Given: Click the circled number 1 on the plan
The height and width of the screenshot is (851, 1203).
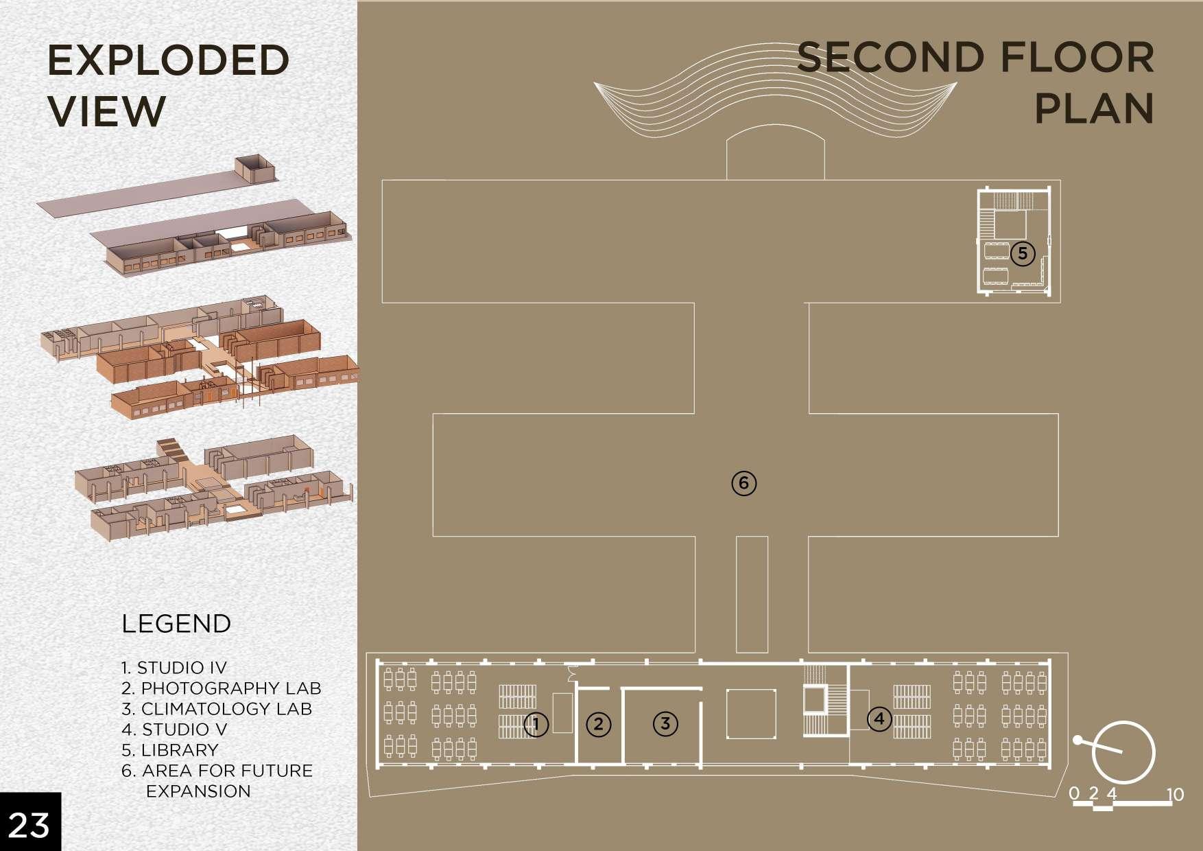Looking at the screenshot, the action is tap(536, 724).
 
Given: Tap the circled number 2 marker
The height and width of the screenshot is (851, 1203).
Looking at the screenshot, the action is tap(599, 724).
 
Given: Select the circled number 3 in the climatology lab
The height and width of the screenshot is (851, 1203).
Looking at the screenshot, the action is tap(665, 723).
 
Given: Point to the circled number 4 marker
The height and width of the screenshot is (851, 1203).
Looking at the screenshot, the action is tap(879, 719).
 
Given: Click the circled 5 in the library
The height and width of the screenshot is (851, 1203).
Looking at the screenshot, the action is tap(1022, 253).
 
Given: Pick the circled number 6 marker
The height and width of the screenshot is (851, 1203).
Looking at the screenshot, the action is tap(744, 483).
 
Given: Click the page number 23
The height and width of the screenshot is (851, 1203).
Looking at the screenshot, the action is tap(29, 824).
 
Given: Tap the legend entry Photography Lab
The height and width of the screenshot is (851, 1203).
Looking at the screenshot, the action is tap(222, 688).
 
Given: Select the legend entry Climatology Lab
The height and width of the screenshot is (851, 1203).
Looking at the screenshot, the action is tap(217, 708).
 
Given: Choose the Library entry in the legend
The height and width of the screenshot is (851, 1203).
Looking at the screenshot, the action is tap(170, 749).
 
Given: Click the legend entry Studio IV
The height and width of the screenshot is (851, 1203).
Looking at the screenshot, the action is tap(174, 667).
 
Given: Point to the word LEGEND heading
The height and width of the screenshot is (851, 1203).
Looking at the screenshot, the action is tap(176, 623).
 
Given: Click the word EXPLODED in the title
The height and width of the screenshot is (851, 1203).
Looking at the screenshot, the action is tap(168, 60).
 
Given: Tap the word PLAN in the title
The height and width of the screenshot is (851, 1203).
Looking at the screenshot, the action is tap(1094, 108).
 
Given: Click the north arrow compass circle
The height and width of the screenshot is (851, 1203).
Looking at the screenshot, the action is tap(1123, 753).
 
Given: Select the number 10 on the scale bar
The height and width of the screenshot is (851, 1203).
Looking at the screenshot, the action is tap(1175, 794).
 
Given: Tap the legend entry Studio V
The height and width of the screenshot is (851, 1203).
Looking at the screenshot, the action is tap(174, 729).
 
